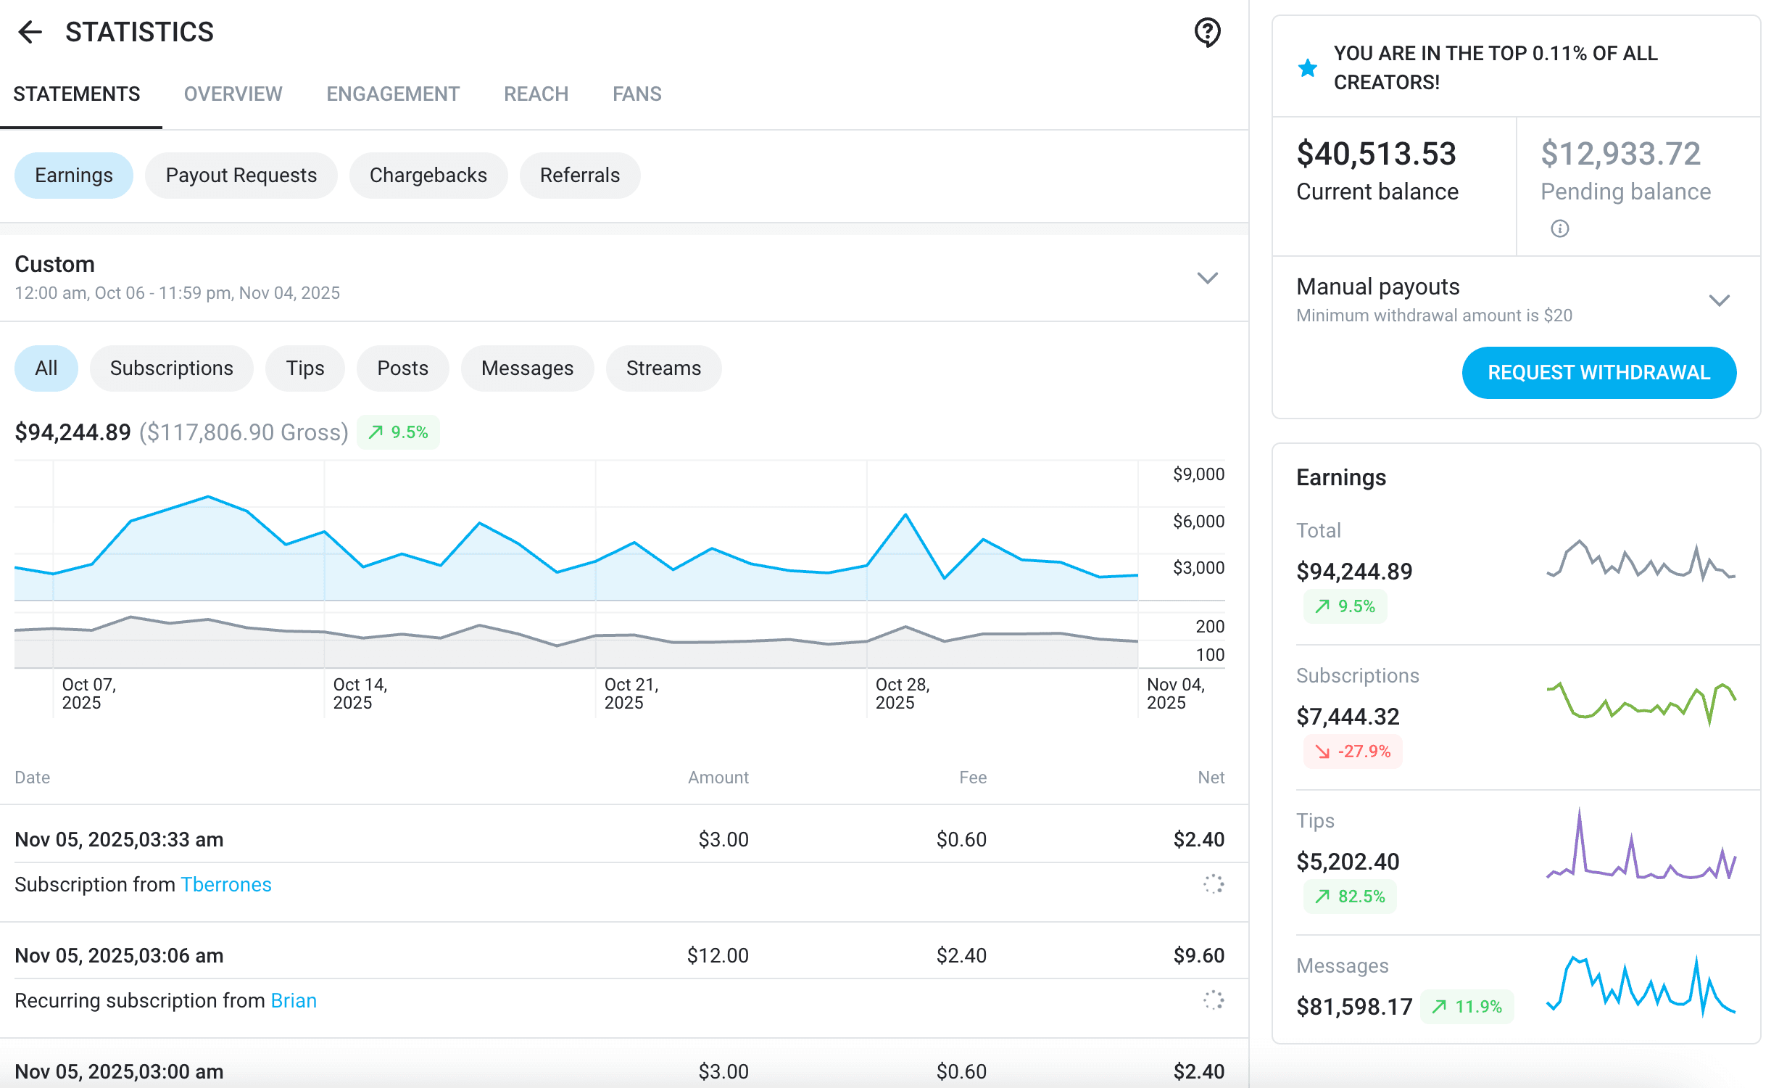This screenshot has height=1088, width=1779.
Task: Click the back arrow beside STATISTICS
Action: click(30, 32)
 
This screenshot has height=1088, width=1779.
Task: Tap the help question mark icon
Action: click(1207, 32)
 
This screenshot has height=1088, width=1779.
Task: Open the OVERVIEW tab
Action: click(233, 94)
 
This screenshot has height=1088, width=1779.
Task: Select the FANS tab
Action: click(636, 94)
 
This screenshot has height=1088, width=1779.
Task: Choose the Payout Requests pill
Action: click(241, 176)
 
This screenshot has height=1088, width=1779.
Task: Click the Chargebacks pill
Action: click(428, 176)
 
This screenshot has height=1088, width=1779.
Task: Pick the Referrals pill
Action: click(580, 176)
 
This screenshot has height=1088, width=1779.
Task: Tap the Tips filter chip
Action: click(305, 368)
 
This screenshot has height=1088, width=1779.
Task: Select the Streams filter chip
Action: click(663, 368)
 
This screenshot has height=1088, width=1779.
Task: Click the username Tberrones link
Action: click(226, 885)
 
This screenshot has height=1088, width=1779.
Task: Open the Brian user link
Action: click(294, 1001)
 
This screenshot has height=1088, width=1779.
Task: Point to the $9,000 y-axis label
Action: click(1198, 474)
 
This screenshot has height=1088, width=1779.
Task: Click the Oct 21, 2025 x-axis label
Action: click(631, 693)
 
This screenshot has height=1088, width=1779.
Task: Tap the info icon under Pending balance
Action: click(1559, 229)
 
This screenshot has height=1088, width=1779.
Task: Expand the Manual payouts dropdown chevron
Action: click(1719, 300)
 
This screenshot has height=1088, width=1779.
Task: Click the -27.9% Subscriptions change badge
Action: click(1353, 751)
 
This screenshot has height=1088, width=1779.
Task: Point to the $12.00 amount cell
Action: click(718, 955)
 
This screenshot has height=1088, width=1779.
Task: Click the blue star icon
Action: click(1308, 68)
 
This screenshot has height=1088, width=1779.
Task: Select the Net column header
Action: click(1211, 778)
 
